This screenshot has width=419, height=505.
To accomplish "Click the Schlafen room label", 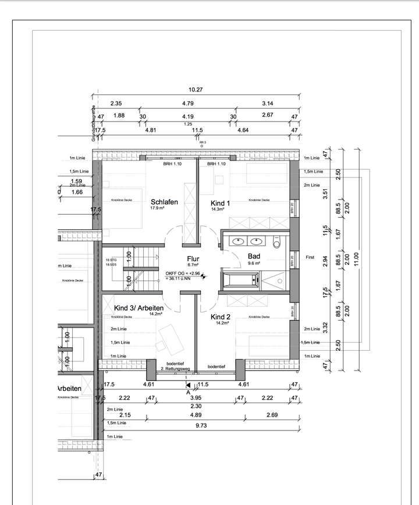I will coord(163,202).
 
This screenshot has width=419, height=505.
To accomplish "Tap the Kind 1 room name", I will coord(220,202).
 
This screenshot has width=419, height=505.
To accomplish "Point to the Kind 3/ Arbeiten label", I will coord(139,307).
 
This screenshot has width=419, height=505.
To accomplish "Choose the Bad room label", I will coord(254,255).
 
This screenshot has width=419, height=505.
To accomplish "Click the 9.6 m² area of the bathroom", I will coord(254,262).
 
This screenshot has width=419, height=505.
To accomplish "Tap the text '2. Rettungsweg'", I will coord(177,368).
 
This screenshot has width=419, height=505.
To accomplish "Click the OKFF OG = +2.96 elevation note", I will coord(183,272).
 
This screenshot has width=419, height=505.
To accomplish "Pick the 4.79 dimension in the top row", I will coord(187,103).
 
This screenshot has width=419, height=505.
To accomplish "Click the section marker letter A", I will coord(187,392).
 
